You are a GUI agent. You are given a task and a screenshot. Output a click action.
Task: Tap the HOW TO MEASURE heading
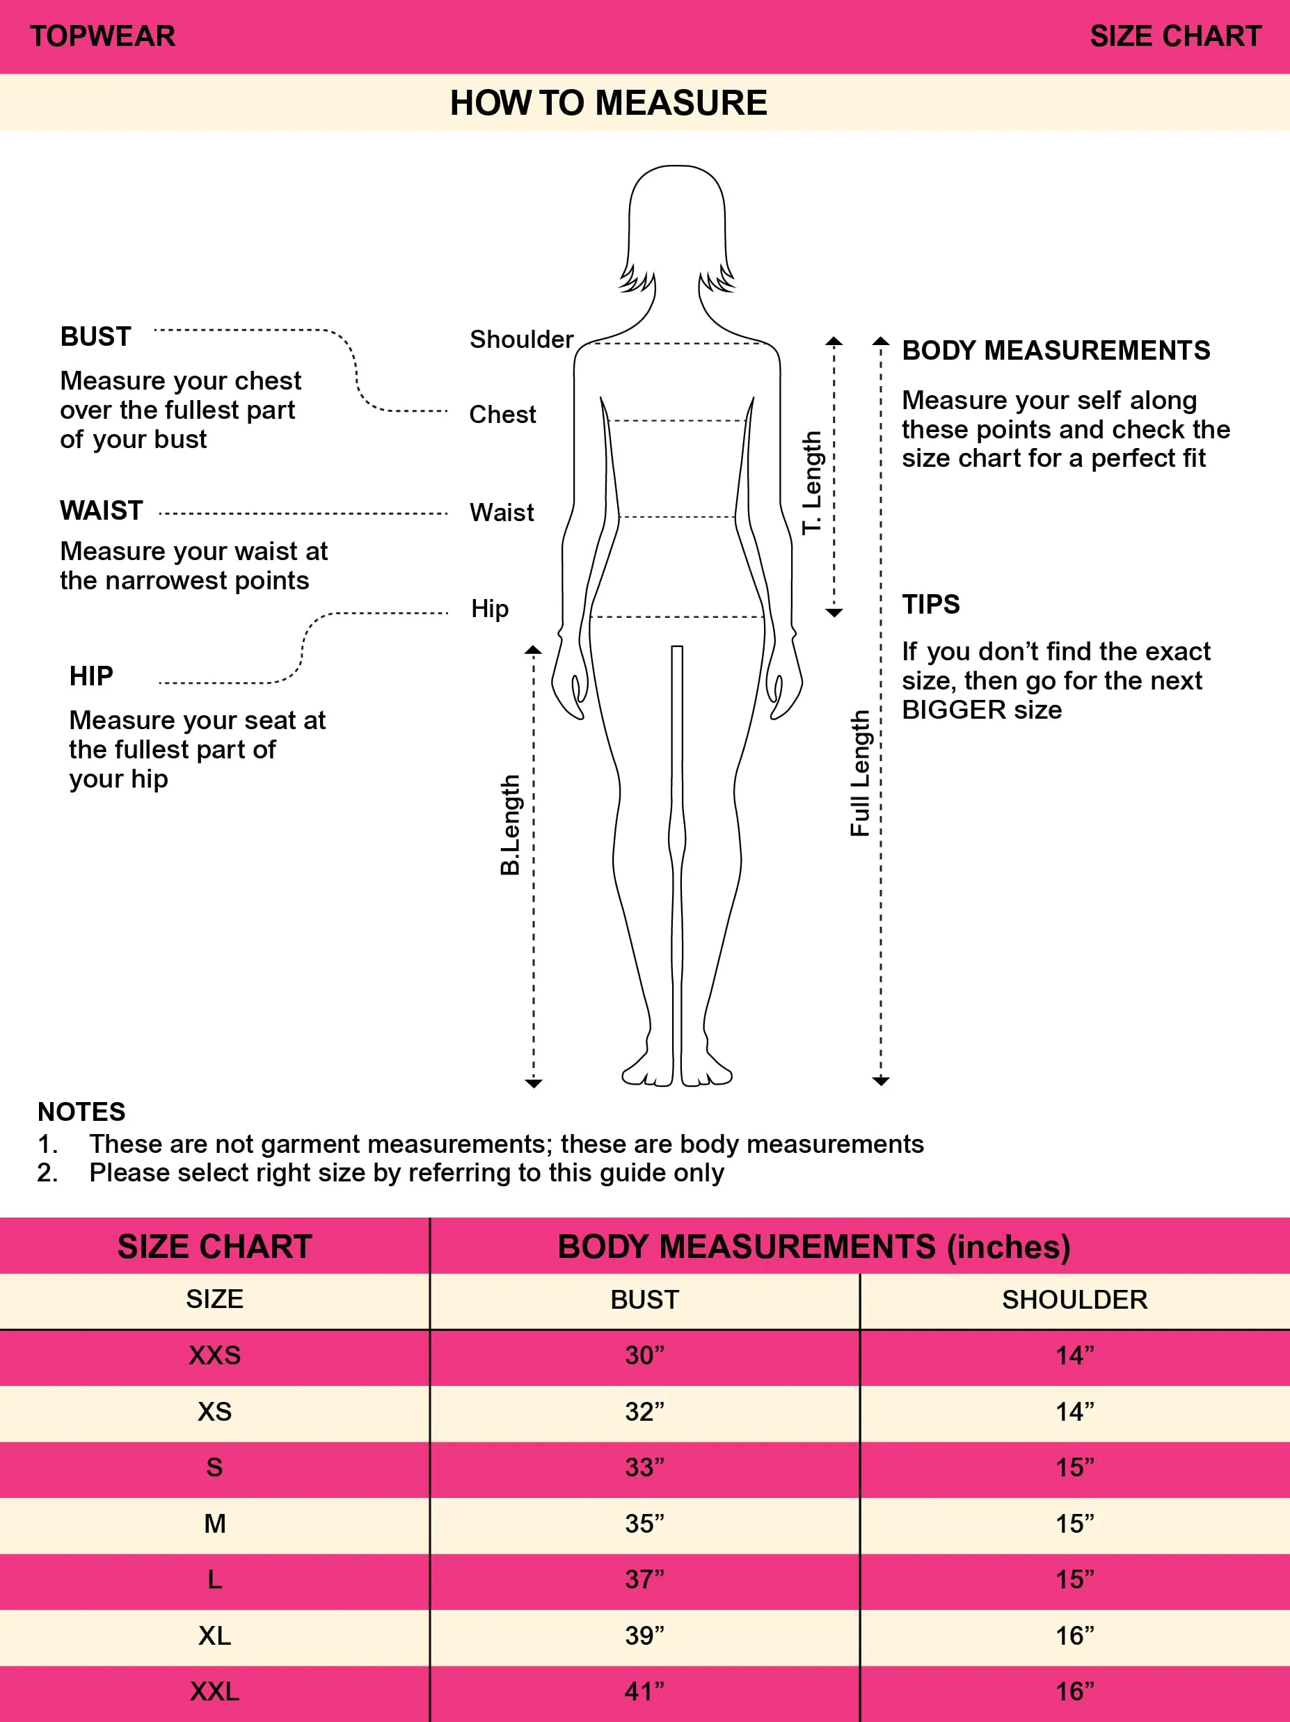[x=609, y=103]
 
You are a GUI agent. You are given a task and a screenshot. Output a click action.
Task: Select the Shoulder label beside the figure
[x=522, y=340]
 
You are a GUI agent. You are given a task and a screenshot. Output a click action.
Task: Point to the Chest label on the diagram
[x=502, y=414]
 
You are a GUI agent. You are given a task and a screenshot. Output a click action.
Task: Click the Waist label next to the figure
[x=502, y=512]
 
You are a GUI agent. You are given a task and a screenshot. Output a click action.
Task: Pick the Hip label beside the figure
[x=490, y=609]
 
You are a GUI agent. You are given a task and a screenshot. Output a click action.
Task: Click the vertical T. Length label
[x=812, y=482]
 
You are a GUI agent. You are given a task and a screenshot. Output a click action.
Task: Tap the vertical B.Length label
[x=509, y=824]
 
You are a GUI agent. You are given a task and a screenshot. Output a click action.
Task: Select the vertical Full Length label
[x=859, y=773]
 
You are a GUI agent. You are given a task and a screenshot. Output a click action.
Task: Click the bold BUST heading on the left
[x=96, y=336]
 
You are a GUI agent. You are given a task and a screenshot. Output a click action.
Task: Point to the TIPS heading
[x=931, y=604]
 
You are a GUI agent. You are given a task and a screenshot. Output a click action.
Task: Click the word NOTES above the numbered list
[x=81, y=1112]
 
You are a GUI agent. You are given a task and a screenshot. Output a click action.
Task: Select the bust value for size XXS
[x=644, y=1355]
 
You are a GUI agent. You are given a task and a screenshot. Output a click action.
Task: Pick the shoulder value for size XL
[x=1075, y=1636]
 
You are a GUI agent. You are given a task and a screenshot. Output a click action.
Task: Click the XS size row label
[x=215, y=1412]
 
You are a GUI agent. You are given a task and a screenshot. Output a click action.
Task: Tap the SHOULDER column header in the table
[x=1075, y=1299]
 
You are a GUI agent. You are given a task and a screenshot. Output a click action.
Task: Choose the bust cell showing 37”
[x=644, y=1579]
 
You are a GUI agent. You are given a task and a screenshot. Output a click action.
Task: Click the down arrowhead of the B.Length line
[x=533, y=1083]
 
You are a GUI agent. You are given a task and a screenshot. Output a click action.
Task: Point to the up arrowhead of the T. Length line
[x=834, y=341]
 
